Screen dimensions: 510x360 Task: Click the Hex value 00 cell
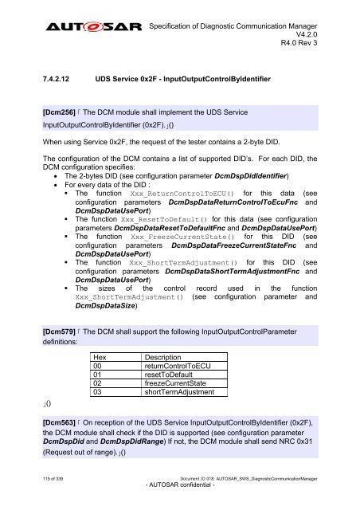(99, 368)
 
